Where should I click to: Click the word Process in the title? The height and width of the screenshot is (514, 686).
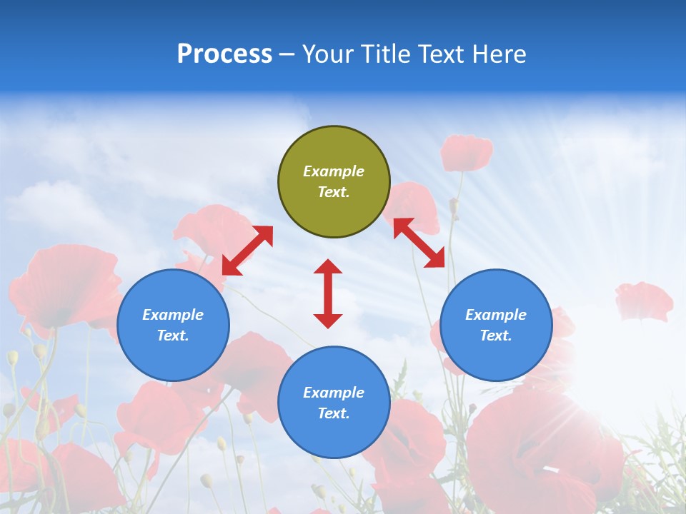[224, 54]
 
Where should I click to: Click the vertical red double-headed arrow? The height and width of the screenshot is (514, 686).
[328, 293]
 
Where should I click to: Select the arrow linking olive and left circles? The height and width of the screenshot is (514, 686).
[247, 251]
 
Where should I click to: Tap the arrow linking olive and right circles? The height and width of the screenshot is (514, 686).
[419, 243]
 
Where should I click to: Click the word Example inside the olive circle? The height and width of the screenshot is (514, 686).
[334, 171]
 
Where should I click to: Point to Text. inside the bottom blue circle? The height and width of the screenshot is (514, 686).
[334, 413]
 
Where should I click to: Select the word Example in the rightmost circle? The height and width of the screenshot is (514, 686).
[496, 315]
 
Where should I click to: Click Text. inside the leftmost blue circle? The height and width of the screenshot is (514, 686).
[173, 336]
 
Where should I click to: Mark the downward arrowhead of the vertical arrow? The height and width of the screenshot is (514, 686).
[328, 321]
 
